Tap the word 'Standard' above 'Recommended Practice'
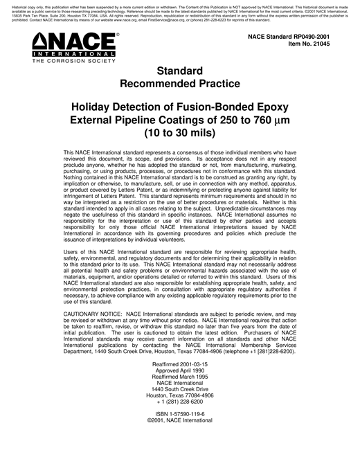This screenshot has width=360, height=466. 179,71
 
